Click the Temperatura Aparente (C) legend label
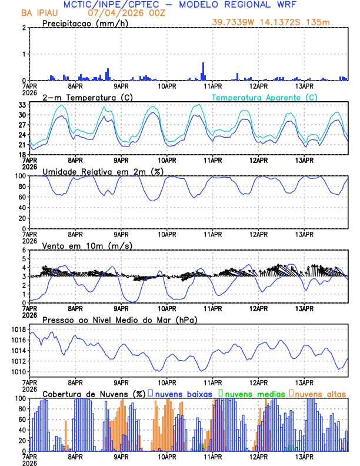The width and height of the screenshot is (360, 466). [264, 97]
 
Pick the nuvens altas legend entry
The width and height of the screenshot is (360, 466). [318, 393]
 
